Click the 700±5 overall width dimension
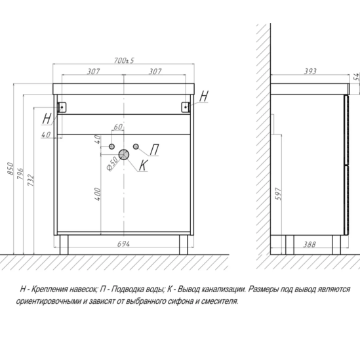pos(124,60)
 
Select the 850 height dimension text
pos(10,169)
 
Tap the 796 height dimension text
pos(20,174)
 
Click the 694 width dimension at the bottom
pos(123,244)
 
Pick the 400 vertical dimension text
pos(98,194)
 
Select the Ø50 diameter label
pos(113,163)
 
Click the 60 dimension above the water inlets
pos(118,127)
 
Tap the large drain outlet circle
pos(124,154)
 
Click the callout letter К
pos(143,165)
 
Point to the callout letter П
pos(154,150)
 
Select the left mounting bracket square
pos(62,107)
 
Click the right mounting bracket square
pos(186,107)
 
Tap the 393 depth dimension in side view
pos(310,72)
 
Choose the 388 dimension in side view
pos(309,245)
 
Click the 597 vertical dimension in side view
pos(278,194)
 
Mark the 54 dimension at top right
pos(357,76)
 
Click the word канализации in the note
pos(224,289)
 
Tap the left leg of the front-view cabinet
pos(64,245)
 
